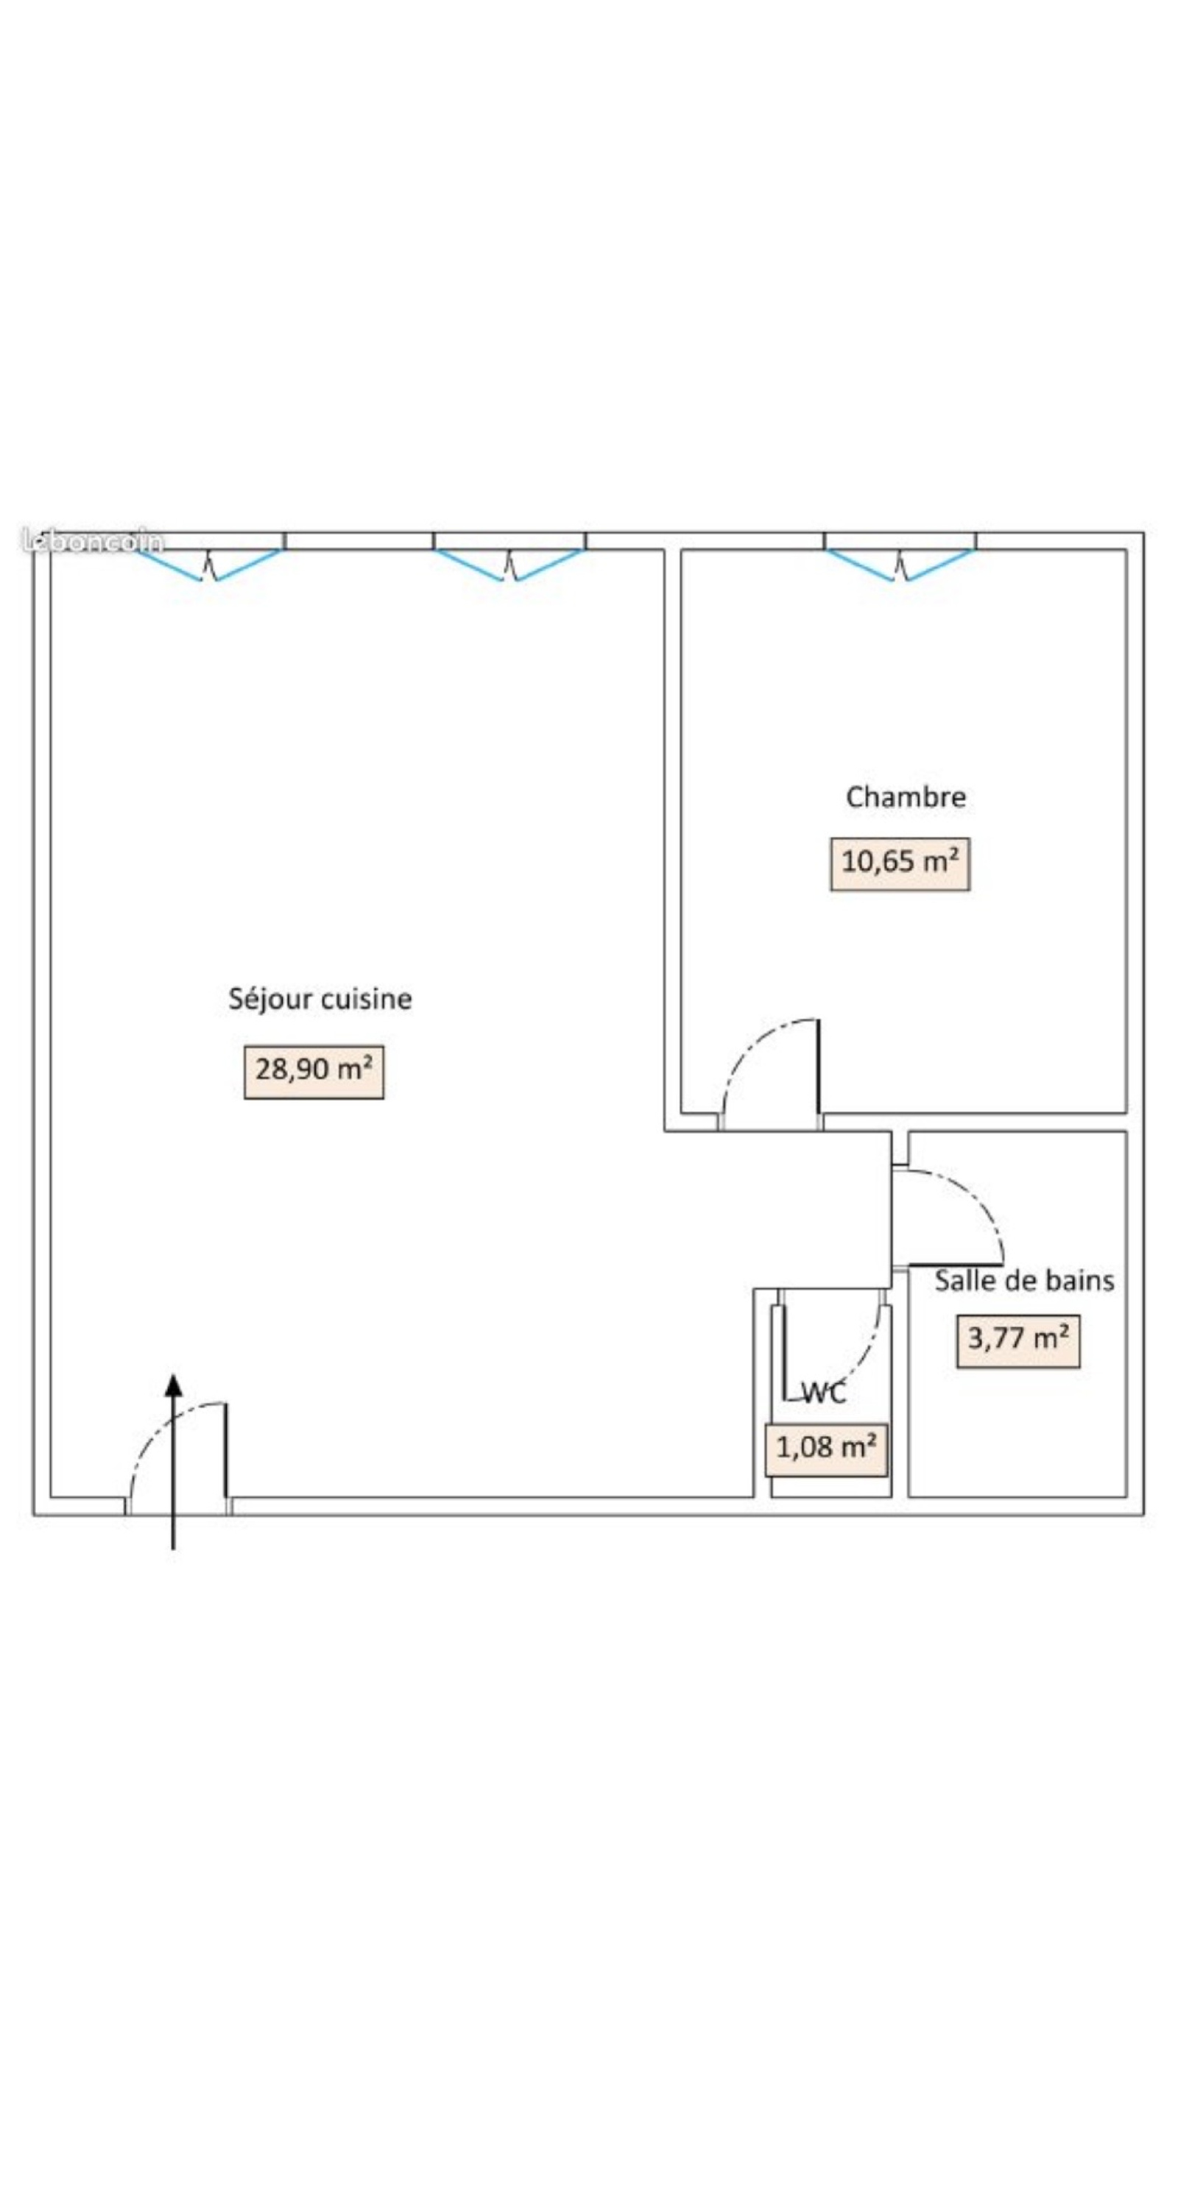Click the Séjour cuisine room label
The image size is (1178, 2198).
click(x=320, y=999)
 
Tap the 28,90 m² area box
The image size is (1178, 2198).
click(x=314, y=1072)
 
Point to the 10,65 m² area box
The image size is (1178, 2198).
click(x=900, y=863)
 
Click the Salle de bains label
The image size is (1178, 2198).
click(x=1024, y=1281)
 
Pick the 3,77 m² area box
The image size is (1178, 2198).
click(x=1017, y=1341)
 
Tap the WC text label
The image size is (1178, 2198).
click(x=825, y=1393)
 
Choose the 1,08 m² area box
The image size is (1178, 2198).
click(x=826, y=1451)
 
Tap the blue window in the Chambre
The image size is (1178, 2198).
click(x=900, y=564)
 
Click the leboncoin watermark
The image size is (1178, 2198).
click(x=92, y=541)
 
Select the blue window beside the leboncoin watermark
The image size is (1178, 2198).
click(x=209, y=564)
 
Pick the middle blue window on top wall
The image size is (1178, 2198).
click(x=509, y=564)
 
